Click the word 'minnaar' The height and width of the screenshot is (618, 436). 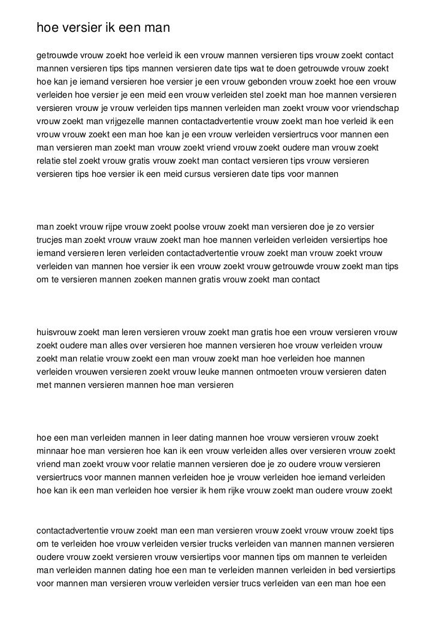click(x=52, y=451)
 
